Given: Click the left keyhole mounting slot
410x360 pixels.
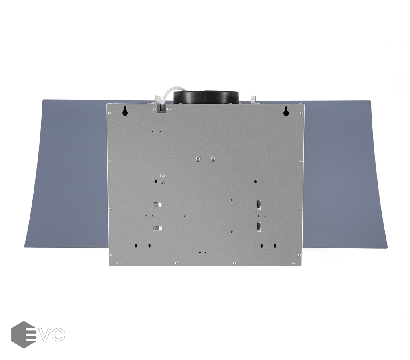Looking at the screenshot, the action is (125, 111).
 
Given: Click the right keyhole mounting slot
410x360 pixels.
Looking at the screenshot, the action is (286, 111).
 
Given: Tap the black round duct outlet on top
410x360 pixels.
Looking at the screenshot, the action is (206, 97).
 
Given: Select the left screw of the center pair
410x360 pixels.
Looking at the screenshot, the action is (198, 158).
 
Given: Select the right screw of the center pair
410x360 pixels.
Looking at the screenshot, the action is (213, 158).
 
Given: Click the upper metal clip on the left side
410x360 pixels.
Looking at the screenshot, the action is (157, 204).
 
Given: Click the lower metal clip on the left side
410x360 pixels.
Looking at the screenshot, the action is (157, 228).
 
